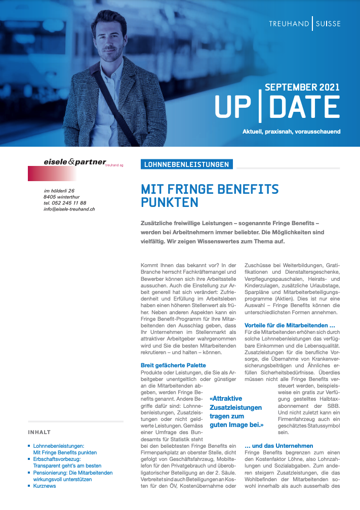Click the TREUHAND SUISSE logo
[x=304, y=24]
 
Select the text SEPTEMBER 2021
[x=302, y=87]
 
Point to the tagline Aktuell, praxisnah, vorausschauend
[x=291, y=132]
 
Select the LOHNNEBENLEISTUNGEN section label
[x=186, y=164]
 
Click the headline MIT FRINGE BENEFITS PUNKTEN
[x=210, y=196]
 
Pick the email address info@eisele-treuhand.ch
[x=69, y=209]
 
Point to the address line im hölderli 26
[x=59, y=191]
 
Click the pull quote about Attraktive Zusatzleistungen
[x=236, y=412]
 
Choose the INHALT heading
[x=39, y=432]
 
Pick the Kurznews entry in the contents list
[x=45, y=486]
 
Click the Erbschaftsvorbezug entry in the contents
[x=58, y=458]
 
